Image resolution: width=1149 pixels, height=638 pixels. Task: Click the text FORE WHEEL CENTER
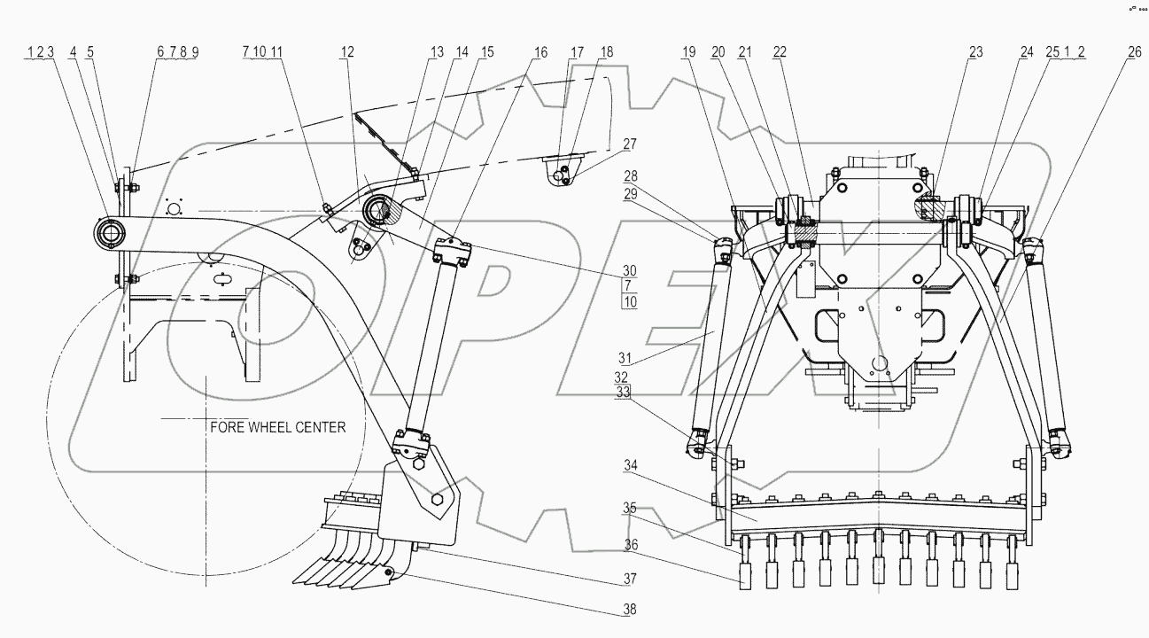click(277, 427)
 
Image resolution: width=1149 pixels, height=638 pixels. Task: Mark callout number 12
click(345, 53)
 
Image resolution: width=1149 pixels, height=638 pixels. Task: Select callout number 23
click(975, 53)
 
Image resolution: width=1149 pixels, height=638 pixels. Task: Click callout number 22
click(779, 53)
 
